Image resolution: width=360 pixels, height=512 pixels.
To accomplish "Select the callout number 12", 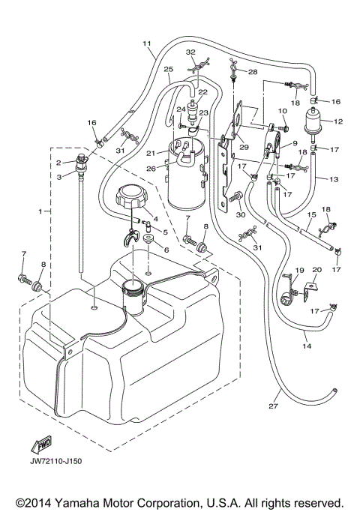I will click(337, 121).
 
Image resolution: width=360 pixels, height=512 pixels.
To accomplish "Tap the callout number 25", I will click(168, 69).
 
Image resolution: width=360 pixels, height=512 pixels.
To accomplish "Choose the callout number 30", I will click(241, 214).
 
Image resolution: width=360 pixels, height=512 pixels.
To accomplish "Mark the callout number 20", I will click(316, 270).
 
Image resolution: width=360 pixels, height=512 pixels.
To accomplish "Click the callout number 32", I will click(190, 52).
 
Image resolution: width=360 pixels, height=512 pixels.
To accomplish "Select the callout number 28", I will click(251, 72).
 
